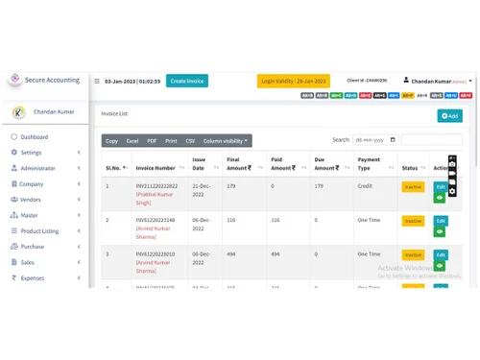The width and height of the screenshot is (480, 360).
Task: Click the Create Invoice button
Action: click(x=187, y=81)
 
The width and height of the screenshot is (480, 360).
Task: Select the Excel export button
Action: click(x=132, y=141)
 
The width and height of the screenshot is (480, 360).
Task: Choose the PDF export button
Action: click(x=152, y=141)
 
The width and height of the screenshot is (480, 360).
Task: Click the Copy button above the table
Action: click(x=112, y=141)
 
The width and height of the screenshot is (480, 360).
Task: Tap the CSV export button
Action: click(x=190, y=141)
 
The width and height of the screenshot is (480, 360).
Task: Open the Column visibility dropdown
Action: click(x=225, y=141)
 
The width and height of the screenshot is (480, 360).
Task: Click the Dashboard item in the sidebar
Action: click(x=35, y=137)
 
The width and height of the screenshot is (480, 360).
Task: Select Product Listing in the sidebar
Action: click(x=39, y=231)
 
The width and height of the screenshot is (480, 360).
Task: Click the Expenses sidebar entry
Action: click(x=33, y=277)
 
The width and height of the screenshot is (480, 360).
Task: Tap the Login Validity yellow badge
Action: click(x=293, y=82)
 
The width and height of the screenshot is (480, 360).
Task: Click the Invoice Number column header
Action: click(x=156, y=168)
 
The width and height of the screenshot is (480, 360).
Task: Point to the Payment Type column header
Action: click(x=369, y=164)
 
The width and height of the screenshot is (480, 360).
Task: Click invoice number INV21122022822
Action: click(x=156, y=185)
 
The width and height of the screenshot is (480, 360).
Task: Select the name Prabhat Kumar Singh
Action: click(x=156, y=199)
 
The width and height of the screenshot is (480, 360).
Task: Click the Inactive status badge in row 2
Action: click(x=413, y=221)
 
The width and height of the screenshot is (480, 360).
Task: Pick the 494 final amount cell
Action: click(x=231, y=254)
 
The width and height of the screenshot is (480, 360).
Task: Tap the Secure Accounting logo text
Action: click(x=53, y=81)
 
